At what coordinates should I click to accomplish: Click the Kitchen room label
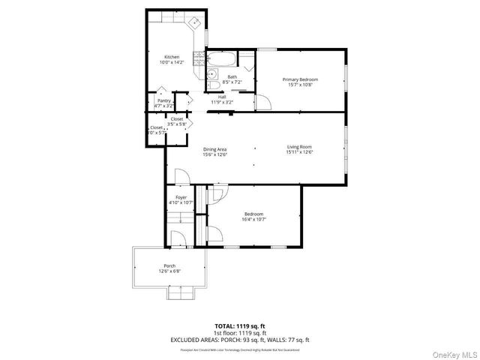172,57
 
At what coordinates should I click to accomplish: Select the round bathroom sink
213,73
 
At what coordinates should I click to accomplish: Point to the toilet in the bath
212,84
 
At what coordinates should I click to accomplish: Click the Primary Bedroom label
300,79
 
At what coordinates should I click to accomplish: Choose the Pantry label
163,100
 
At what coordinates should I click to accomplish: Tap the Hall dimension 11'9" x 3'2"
222,102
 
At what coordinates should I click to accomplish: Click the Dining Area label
214,149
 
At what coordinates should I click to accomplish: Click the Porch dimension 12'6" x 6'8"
169,271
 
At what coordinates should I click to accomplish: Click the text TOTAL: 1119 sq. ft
239,326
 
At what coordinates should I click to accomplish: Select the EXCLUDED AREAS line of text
239,339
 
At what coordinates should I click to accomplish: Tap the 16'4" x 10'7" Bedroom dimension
253,220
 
